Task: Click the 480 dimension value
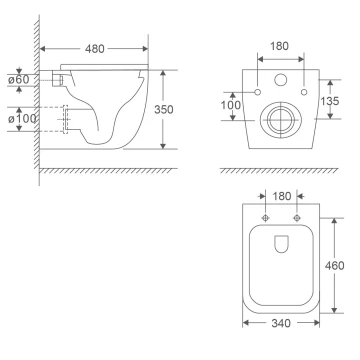click(x=95, y=49)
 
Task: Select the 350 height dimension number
click(x=164, y=109)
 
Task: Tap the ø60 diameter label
click(x=19, y=80)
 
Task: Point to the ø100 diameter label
click(x=22, y=118)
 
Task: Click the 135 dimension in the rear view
click(x=330, y=101)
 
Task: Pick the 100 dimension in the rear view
click(x=230, y=105)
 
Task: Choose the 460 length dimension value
click(x=334, y=266)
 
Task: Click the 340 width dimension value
click(x=281, y=323)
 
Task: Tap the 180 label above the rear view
click(x=279, y=46)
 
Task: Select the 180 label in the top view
click(x=282, y=196)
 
